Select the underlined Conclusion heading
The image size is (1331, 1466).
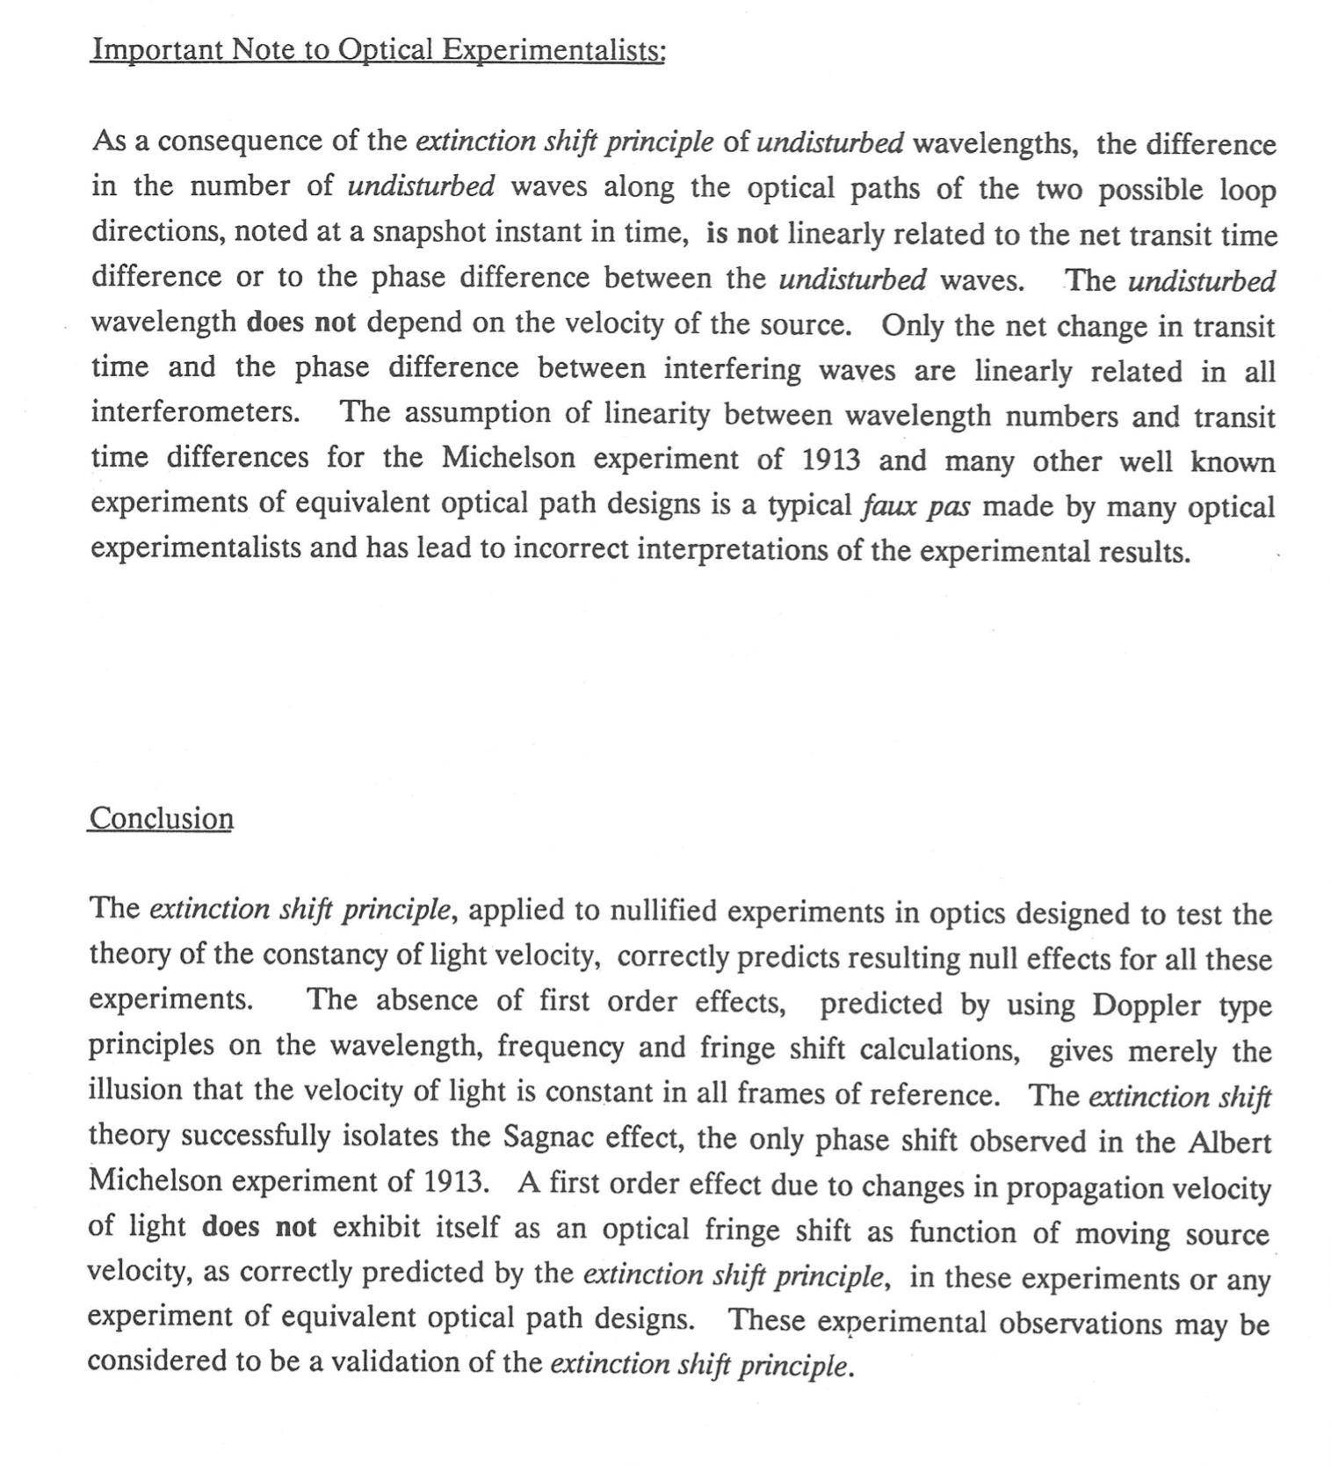pyautogui.click(x=161, y=818)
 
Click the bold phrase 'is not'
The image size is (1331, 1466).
pyautogui.click(x=741, y=234)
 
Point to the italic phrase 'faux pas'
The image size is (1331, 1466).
pyautogui.click(x=915, y=506)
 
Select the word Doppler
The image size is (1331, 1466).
pyautogui.click(x=1148, y=1005)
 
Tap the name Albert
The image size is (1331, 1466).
pyautogui.click(x=1230, y=1141)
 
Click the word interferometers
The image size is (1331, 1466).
pyautogui.click(x=196, y=411)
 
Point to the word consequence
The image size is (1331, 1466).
pyautogui.click(x=239, y=141)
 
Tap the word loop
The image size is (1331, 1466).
pyautogui.click(x=1247, y=190)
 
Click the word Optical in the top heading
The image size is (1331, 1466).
pyautogui.click(x=386, y=50)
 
